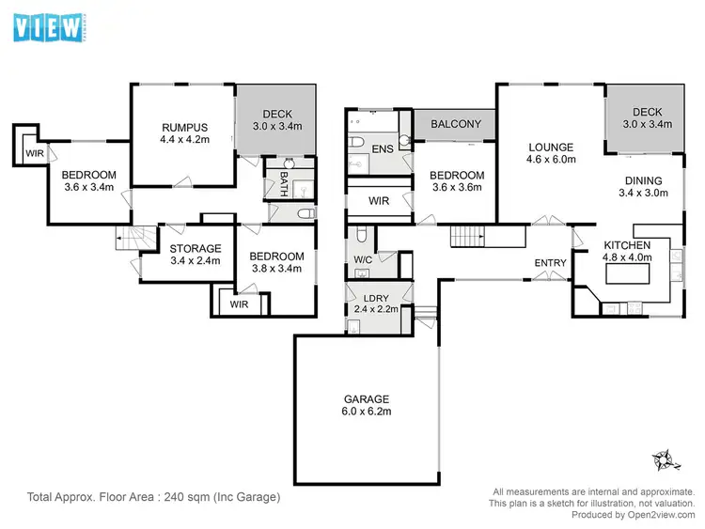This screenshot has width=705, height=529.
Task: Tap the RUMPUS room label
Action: pos(183,129)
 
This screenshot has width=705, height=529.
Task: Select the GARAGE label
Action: pos(366,397)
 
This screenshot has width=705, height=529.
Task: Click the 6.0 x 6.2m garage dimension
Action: pos(366,411)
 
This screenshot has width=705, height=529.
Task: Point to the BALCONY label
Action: pos(456,124)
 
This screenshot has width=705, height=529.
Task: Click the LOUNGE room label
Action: pos(550,147)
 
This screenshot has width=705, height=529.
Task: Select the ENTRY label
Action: pos(550,262)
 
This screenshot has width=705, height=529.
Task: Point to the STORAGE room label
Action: pos(195,248)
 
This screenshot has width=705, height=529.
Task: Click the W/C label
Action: pos(364,259)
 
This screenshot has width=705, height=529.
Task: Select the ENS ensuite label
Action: pos(382,148)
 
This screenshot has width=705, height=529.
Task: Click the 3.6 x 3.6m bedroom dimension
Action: pos(457,188)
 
